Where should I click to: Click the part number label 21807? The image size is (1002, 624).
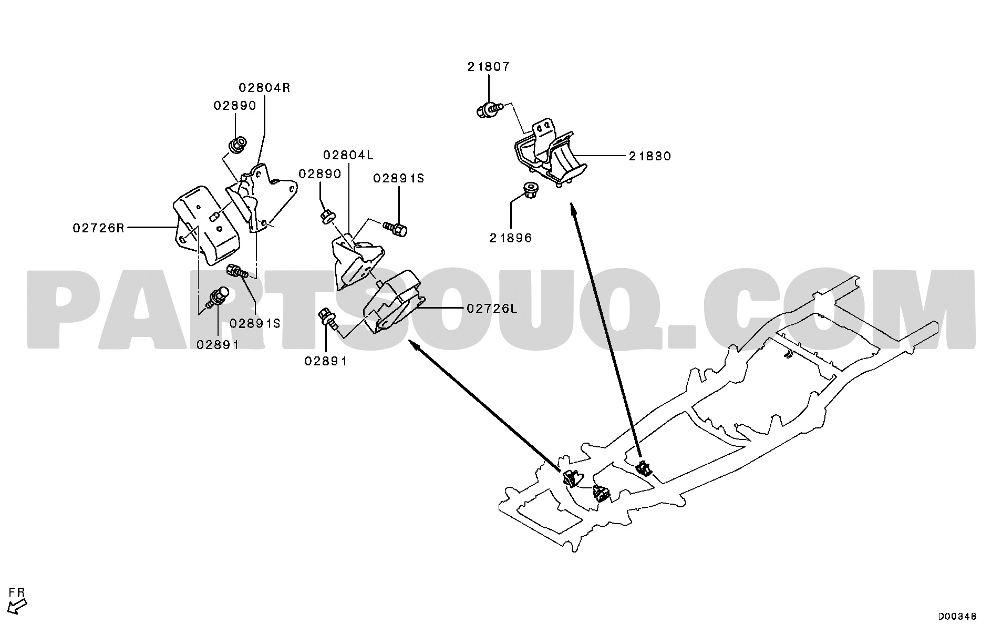coord(489,67)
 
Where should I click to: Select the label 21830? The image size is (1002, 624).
coord(649,156)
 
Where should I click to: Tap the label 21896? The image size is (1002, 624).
coord(511,238)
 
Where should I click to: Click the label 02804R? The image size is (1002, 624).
coord(264,88)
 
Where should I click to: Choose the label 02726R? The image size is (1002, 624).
coord(99,228)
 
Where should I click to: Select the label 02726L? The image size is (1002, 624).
coord(492,309)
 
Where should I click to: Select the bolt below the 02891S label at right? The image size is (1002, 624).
coord(396,229)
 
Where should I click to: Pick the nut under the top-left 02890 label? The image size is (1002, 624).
coord(237,143)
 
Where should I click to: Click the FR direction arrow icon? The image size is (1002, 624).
coord(18,607)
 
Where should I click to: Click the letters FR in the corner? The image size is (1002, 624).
coord(17,593)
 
